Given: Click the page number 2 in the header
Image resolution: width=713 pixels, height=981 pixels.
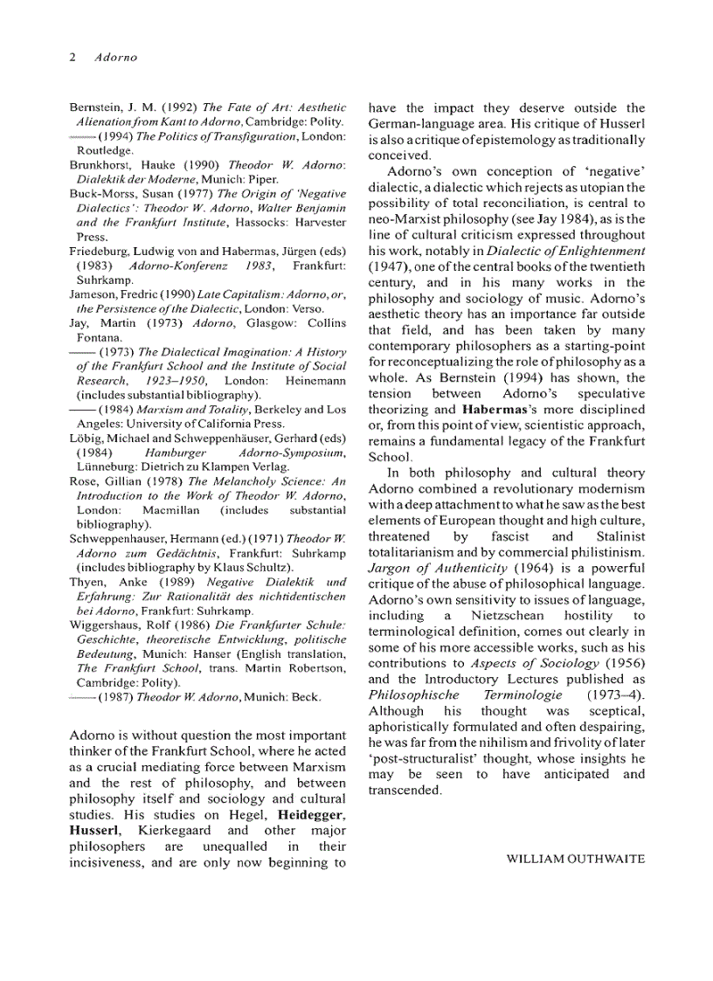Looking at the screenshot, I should coord(73,58).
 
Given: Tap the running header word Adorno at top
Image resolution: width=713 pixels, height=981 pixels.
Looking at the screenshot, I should coord(117,58).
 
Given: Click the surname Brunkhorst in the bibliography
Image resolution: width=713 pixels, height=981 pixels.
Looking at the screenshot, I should coord(104,164).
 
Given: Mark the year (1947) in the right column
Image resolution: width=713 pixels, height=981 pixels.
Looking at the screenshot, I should coord(391,266).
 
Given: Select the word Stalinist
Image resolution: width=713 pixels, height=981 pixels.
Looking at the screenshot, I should coord(613,536).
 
